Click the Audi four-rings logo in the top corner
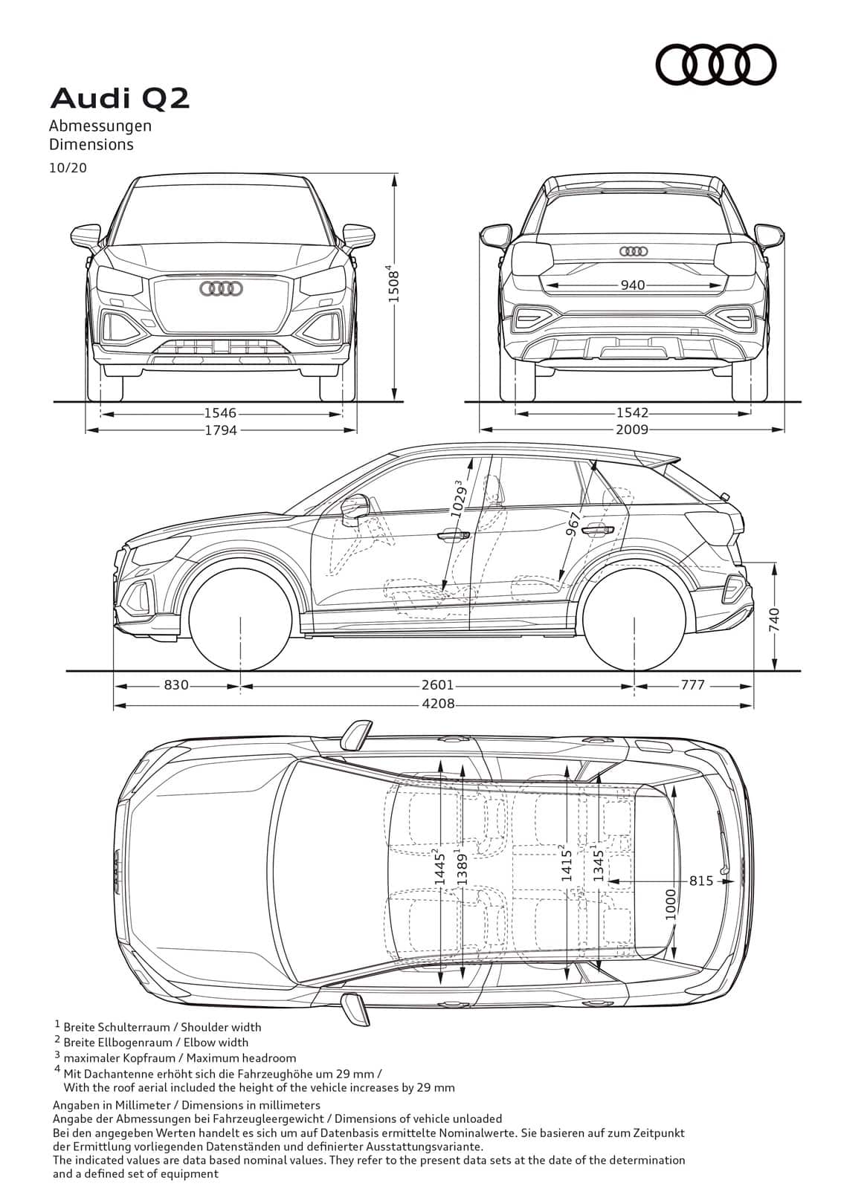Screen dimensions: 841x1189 [715, 65]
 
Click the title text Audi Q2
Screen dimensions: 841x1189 [120, 99]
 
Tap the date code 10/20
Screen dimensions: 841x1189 [68, 168]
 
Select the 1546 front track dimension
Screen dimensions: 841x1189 [221, 413]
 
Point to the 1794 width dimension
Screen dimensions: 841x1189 [221, 430]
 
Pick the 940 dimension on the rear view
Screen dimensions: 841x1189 [633, 285]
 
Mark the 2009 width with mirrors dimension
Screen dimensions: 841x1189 [632, 429]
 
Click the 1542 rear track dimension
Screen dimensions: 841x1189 [632, 412]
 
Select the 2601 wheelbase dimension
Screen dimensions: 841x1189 [438, 685]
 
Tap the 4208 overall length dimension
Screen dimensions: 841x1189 [438, 704]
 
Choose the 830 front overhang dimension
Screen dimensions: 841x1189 [175, 685]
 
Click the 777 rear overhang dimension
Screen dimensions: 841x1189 [693, 685]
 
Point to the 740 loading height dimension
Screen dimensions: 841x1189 [773, 620]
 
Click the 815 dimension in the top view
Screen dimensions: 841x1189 [701, 881]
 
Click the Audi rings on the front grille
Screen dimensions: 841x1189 [221, 289]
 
